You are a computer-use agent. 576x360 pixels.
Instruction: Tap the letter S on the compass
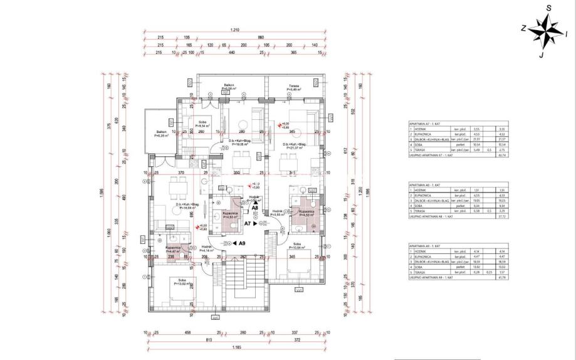click(548, 8)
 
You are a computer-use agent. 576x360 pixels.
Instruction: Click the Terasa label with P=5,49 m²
click(293, 88)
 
